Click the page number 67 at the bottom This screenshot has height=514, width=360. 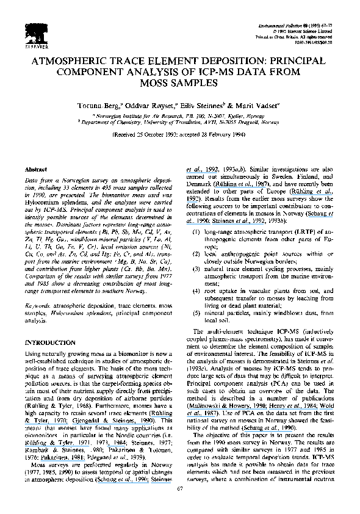point(179,504)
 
